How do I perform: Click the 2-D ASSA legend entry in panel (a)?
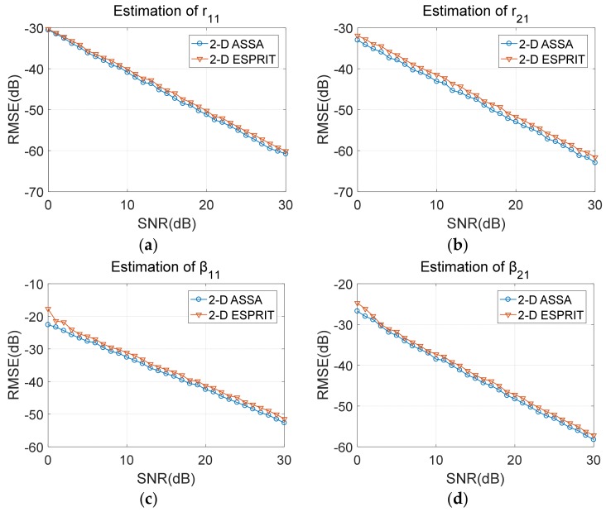(233, 42)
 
